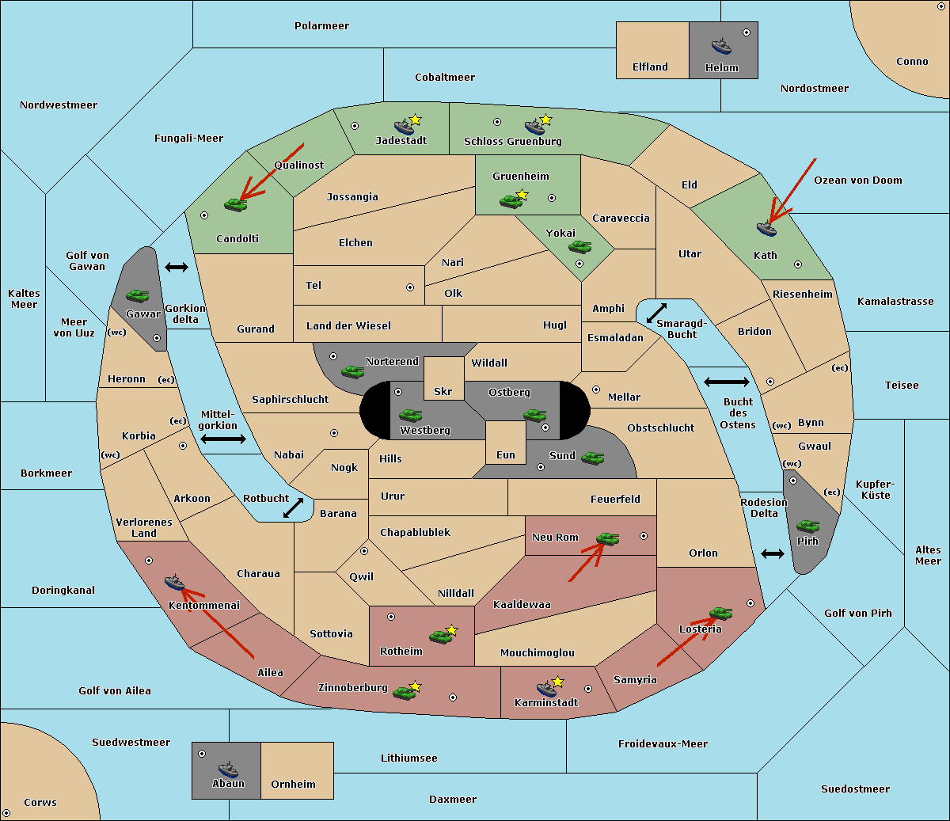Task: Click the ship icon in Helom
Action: click(721, 47)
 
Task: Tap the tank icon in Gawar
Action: click(138, 295)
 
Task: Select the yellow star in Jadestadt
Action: click(415, 120)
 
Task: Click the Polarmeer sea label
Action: click(321, 26)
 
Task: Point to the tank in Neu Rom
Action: click(607, 538)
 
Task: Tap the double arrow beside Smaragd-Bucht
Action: click(656, 313)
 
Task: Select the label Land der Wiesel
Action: click(348, 326)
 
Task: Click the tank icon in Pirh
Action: click(807, 526)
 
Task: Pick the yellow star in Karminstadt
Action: click(557, 682)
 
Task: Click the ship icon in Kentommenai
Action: click(174, 582)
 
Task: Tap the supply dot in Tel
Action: click(410, 287)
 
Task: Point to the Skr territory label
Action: click(443, 391)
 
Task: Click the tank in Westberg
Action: click(410, 415)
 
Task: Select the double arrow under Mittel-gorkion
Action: click(223, 439)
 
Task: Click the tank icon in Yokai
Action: click(579, 247)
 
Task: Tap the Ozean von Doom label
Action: click(857, 181)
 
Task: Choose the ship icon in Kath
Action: click(766, 229)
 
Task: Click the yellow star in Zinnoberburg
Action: click(415, 686)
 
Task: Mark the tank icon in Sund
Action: click(592, 458)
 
